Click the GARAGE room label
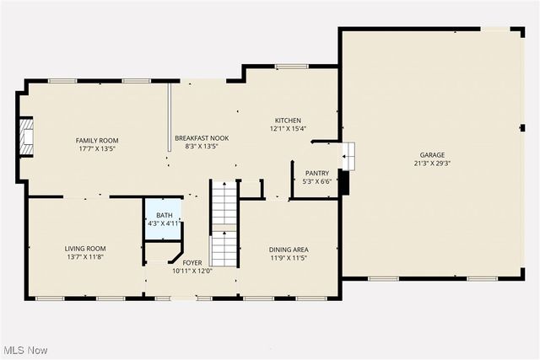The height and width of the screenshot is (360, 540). click(x=432, y=155)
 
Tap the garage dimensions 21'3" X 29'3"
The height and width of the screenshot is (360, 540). click(x=432, y=164)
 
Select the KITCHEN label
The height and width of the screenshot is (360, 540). click(x=288, y=121)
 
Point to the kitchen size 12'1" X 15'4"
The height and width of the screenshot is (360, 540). click(x=288, y=129)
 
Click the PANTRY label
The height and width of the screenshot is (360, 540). click(x=316, y=172)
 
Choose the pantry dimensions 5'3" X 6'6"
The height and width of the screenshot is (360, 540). click(x=316, y=180)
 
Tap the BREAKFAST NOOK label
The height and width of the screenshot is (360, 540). click(x=202, y=137)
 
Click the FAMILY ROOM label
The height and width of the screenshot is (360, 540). click(x=97, y=140)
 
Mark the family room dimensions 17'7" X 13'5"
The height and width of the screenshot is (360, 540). click(x=97, y=148)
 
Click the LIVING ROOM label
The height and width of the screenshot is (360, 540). click(x=91, y=248)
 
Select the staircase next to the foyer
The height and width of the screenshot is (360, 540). click(x=224, y=223)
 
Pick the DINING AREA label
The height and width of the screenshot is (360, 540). click(x=288, y=250)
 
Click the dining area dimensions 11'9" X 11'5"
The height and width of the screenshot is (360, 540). click(x=288, y=258)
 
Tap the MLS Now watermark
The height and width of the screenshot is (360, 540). click(x=24, y=350)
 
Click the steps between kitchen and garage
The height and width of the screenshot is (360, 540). click(x=349, y=155)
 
